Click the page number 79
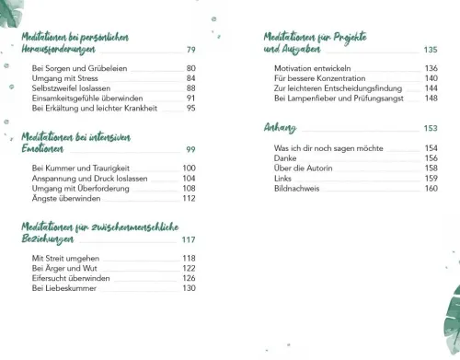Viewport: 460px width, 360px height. (x=190, y=50)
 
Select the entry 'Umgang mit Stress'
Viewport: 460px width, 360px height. (x=62, y=79)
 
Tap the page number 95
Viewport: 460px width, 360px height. (x=190, y=108)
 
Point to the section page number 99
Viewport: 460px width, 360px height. (x=190, y=149)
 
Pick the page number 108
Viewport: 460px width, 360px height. (x=189, y=188)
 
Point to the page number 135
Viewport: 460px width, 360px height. (x=430, y=50)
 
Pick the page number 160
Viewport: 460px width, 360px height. (x=430, y=188)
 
